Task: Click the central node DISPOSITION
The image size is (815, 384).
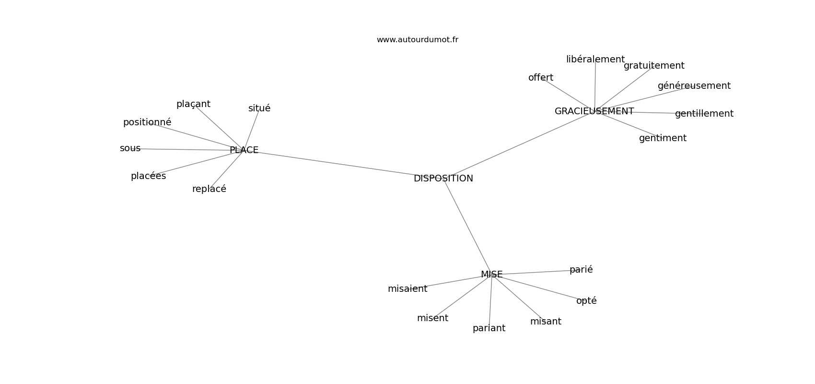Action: coord(443,179)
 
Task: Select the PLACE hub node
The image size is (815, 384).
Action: coord(244,150)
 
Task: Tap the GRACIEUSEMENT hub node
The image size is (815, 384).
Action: coord(594,111)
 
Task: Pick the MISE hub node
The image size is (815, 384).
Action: coord(491,275)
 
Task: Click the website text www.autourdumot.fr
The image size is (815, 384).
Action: coord(417,40)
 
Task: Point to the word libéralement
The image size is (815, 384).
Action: coord(595,60)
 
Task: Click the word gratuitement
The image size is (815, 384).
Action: coord(654,66)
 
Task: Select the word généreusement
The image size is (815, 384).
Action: coord(694,86)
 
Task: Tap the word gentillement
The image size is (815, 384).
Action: coord(704,114)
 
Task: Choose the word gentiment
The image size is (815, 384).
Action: coord(663,138)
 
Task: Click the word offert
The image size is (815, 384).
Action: coord(541,78)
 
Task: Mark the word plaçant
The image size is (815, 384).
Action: coord(193,104)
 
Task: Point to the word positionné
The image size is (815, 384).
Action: coord(147,122)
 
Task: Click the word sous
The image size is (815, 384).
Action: coord(130,148)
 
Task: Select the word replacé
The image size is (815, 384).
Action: coord(209,189)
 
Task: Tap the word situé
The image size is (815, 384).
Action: coord(259,108)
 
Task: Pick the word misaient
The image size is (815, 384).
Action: coord(407,289)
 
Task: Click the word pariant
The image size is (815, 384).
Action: coord(489,329)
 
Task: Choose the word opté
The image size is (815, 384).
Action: coord(586,301)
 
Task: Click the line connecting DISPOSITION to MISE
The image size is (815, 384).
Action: coord(467,227)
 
